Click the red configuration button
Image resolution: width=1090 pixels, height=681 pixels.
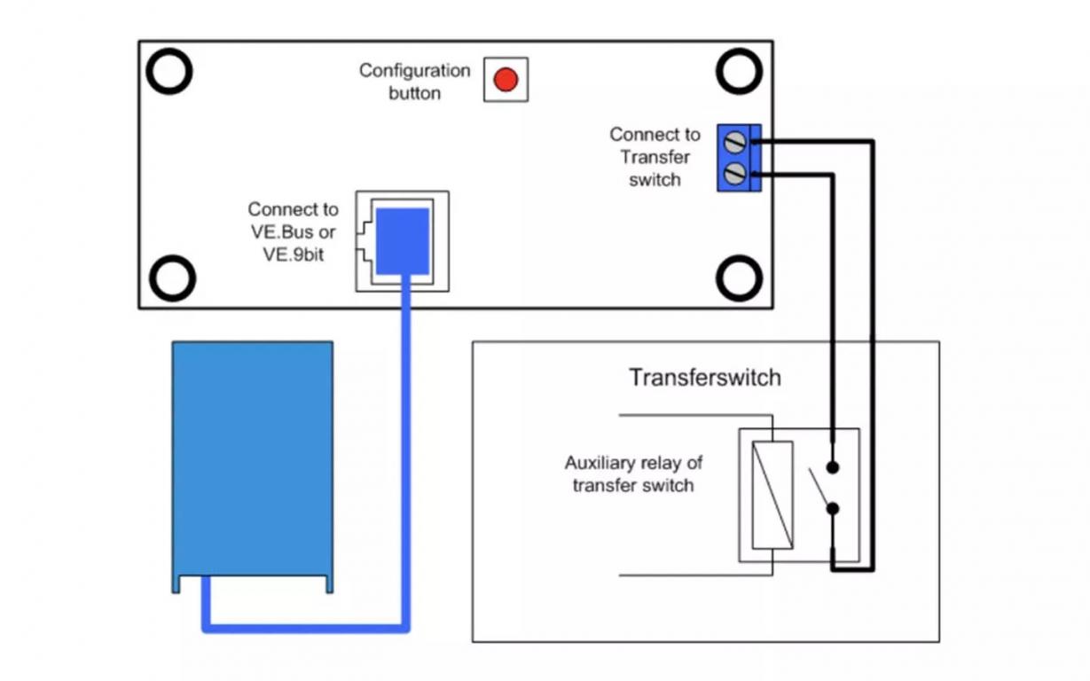(506, 80)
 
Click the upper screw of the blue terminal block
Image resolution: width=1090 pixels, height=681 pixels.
(734, 142)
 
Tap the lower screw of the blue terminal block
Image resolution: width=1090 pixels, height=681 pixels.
(734, 174)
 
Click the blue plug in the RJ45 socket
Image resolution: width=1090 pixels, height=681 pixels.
(403, 241)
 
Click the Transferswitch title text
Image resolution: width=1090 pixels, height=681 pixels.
(705, 378)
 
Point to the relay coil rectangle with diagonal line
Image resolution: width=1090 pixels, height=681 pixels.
(772, 495)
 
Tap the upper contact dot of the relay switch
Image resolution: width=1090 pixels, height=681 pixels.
(833, 468)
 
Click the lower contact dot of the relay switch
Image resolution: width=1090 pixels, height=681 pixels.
(833, 509)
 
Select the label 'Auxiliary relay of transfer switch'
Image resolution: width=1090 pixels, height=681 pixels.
(633, 474)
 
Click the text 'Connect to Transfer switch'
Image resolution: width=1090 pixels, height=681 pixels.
(655, 157)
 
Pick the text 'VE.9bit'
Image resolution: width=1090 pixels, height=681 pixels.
(293, 254)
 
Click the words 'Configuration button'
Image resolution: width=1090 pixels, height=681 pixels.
(414, 82)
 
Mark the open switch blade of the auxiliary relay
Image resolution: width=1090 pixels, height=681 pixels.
(819, 488)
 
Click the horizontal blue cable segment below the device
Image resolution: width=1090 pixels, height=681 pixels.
(306, 629)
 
